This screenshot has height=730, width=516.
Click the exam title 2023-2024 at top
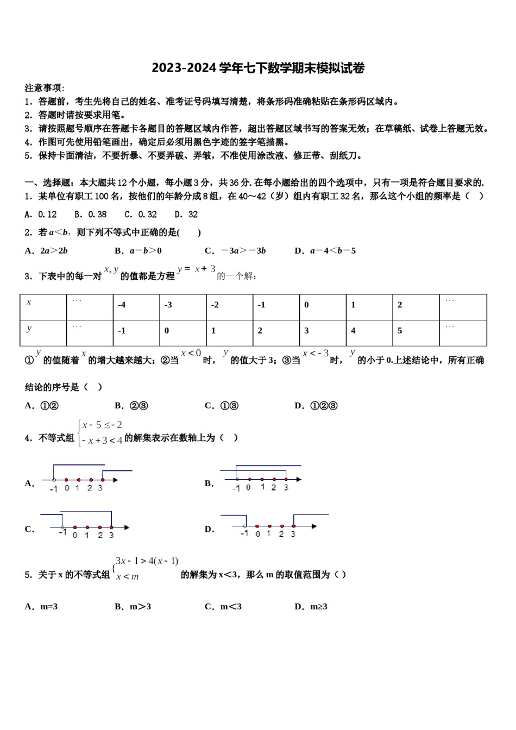tap(258, 68)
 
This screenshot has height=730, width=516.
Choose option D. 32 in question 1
tap(186, 215)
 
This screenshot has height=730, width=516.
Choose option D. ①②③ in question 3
tap(316, 406)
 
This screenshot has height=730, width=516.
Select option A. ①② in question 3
tap(42, 406)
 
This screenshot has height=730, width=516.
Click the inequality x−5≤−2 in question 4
tap(103, 425)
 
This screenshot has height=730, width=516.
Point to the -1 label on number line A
tap(53, 489)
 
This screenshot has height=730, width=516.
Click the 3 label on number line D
tap(293, 534)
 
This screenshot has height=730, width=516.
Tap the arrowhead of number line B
tap(299, 479)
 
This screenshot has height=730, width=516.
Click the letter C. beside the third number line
tap(29, 530)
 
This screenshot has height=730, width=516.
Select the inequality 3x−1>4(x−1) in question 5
tap(147, 562)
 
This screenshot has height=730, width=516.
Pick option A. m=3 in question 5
tap(41, 607)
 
